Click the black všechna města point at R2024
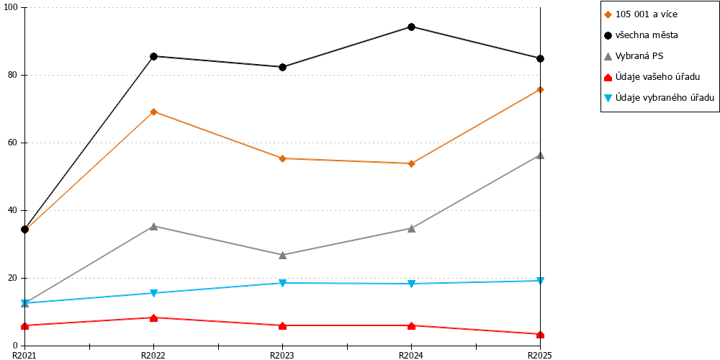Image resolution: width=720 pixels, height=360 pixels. click(x=411, y=27)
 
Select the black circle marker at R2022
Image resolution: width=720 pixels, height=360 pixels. click(x=154, y=56)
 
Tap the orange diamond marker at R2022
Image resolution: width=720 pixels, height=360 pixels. click(x=154, y=112)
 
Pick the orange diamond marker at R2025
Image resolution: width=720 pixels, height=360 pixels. click(x=541, y=89)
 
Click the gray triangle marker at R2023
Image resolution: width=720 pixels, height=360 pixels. click(x=282, y=255)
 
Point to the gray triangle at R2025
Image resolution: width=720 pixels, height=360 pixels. click(x=541, y=156)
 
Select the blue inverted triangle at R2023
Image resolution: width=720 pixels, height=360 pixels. click(x=282, y=283)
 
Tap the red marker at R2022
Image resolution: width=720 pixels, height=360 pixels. click(x=154, y=318)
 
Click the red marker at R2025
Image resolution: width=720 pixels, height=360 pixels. click(x=541, y=334)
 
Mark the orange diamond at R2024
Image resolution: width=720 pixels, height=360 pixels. click(x=411, y=163)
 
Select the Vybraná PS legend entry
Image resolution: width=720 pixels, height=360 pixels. click(x=634, y=56)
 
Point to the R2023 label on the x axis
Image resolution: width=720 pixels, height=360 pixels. click(x=282, y=355)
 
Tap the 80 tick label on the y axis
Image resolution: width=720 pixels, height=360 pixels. click(x=12, y=75)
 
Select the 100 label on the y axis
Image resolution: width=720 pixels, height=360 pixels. click(x=11, y=7)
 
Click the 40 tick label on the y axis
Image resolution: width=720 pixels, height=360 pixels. click(x=12, y=210)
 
